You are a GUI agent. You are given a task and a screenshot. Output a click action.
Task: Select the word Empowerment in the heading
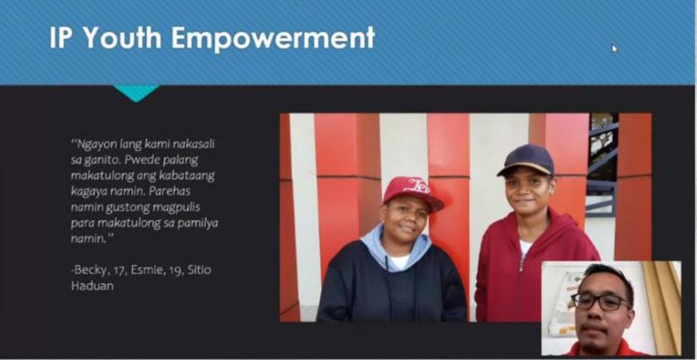coord(274,38)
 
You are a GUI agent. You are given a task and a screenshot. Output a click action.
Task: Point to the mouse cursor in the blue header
coord(614,48)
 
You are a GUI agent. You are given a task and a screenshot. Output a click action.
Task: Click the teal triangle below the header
coord(136,92)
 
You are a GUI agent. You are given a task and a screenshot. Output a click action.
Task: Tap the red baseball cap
coord(413,192)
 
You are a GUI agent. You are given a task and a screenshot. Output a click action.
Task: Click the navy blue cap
coord(527,160)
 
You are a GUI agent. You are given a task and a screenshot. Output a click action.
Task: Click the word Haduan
coord(92,285)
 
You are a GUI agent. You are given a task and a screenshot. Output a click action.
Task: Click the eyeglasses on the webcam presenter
coord(600,302)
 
